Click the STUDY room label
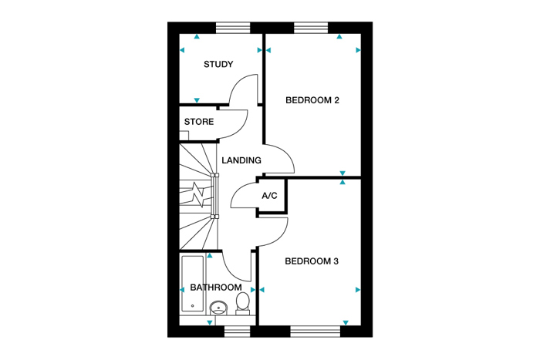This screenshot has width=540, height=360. (218, 64)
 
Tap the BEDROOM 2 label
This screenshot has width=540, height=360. (312, 100)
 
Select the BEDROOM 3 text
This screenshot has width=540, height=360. (312, 261)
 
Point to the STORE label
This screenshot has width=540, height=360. (199, 122)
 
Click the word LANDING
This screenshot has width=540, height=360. (241, 160)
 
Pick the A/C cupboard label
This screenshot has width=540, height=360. (269, 196)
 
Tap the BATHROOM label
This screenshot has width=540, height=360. (215, 288)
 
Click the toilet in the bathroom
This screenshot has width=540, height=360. (243, 302)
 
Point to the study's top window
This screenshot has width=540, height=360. (232, 28)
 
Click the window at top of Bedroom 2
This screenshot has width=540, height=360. (311, 28)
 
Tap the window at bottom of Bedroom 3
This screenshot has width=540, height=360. (315, 331)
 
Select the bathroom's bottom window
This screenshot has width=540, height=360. (238, 331)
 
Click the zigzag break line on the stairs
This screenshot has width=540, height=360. (200, 194)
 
